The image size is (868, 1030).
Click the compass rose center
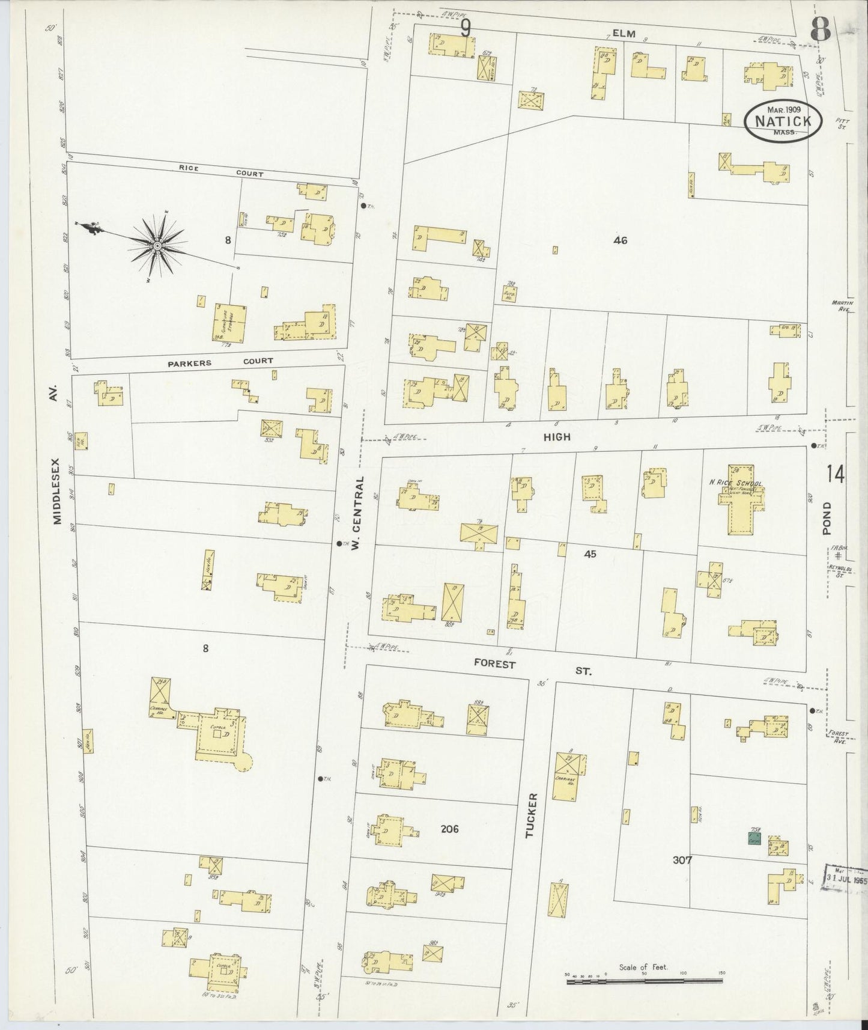pos(157,245)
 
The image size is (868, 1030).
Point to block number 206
pos(449,829)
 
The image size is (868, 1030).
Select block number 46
pos(620,240)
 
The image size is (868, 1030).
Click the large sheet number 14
pos(835,474)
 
